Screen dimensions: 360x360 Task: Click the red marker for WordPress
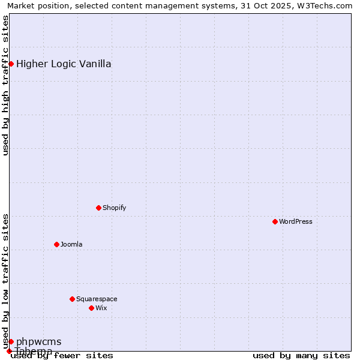[x=275, y=221]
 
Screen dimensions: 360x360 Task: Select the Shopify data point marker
[x=98, y=208]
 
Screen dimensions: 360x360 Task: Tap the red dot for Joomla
[x=56, y=244]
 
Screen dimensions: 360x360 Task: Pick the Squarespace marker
[x=72, y=299]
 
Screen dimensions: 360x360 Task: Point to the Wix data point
[x=91, y=308]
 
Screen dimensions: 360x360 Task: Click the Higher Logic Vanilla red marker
[x=11, y=64]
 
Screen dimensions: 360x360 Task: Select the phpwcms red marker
[x=11, y=341]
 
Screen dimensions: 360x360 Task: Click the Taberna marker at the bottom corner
[x=9, y=351]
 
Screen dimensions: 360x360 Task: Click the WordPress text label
[x=296, y=221]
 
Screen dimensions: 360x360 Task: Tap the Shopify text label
[x=114, y=208]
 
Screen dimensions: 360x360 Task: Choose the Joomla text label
[x=71, y=244]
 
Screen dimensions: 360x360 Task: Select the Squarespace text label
[x=97, y=299]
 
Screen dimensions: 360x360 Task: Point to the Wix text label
[x=101, y=308]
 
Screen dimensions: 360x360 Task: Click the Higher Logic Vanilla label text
[x=64, y=64]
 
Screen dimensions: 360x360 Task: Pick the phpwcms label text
[x=38, y=342]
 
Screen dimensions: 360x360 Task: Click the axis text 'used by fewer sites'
[x=62, y=355]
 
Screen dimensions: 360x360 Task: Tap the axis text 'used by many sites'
[x=301, y=355]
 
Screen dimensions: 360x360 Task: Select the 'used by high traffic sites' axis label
[x=5, y=85]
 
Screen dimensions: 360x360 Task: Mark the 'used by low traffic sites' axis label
[x=5, y=281]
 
